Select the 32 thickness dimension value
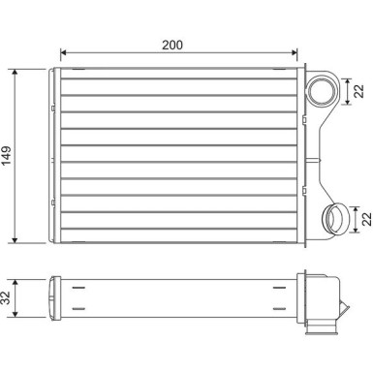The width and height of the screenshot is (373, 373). click(9, 296)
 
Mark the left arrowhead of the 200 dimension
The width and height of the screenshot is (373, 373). click(63, 53)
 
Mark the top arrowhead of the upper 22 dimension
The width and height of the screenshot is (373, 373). click(349, 78)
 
